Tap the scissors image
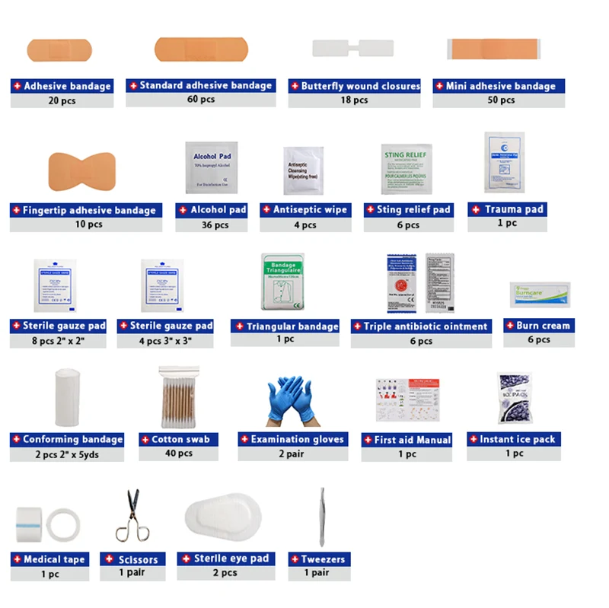(x=129, y=515)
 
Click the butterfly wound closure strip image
(x=352, y=48)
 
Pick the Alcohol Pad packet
(x=211, y=167)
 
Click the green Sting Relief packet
(x=407, y=168)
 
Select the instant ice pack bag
(x=514, y=396)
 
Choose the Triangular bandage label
(x=285, y=326)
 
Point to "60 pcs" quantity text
(x=201, y=100)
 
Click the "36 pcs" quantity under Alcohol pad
(x=211, y=224)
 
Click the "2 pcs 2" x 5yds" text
(x=66, y=454)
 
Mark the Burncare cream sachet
(x=540, y=292)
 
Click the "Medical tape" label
(x=49, y=559)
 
